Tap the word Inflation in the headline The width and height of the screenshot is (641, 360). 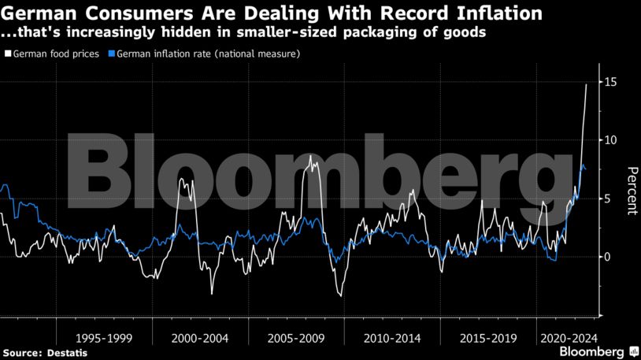click(495, 13)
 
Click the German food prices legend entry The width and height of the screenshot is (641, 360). click(56, 54)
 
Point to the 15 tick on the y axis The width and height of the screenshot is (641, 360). click(610, 82)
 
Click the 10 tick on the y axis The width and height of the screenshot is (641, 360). click(610, 140)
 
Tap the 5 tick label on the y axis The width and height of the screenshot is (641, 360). click(607, 199)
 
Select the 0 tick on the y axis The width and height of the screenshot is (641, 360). click(607, 257)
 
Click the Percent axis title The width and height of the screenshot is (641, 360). click(631, 191)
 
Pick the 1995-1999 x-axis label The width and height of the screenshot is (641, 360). click(104, 338)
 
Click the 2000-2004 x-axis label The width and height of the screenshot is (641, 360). click(200, 338)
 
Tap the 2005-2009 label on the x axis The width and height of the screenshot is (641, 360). click(296, 338)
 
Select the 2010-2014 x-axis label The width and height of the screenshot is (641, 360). click(392, 338)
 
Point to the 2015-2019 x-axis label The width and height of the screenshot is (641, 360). click(488, 338)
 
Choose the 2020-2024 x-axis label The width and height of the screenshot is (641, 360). click(564, 338)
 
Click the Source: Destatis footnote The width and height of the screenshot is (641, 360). click(45, 353)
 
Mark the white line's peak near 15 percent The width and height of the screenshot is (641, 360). click(586, 84)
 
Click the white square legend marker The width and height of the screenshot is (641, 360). click(8, 54)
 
